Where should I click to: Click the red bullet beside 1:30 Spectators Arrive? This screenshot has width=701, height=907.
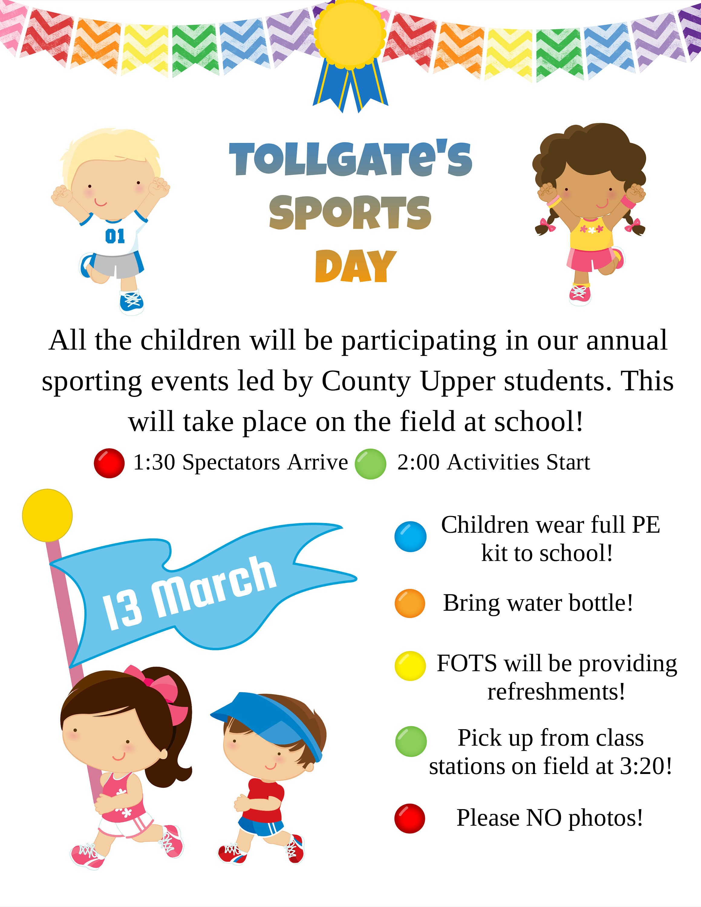(109, 463)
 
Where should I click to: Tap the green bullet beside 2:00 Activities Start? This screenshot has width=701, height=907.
(370, 464)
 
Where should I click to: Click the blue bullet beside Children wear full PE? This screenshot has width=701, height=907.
(410, 537)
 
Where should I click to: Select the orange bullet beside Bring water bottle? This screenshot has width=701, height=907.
(410, 603)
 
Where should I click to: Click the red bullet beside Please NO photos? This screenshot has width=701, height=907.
(410, 818)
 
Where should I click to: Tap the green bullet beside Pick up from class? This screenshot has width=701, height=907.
(411, 741)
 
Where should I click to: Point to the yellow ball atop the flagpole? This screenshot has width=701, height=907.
(47, 515)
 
